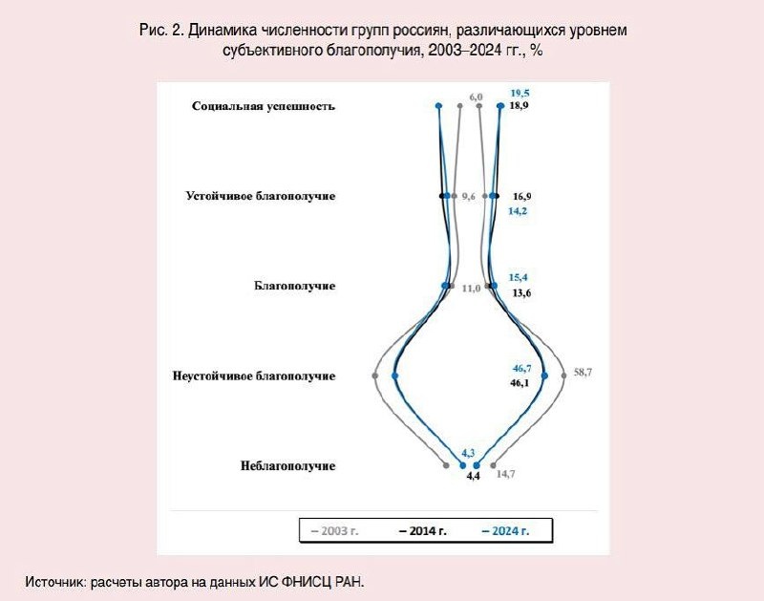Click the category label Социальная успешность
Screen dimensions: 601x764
(x=263, y=106)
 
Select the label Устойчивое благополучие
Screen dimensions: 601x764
(x=260, y=196)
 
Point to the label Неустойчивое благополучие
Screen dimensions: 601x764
(x=254, y=376)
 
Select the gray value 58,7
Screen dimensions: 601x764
(x=583, y=371)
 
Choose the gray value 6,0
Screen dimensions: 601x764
(x=476, y=97)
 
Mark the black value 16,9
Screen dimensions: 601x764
(x=522, y=195)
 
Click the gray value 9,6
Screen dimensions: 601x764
(x=468, y=196)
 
